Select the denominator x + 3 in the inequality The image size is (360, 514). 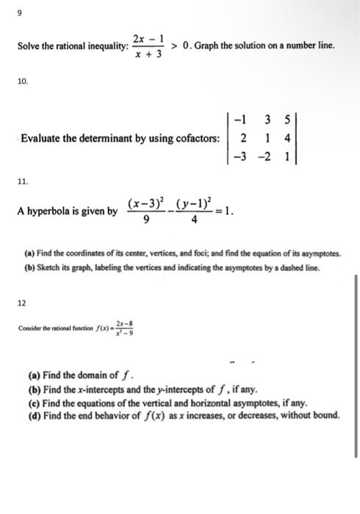148,55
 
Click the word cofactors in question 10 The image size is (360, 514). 194,137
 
